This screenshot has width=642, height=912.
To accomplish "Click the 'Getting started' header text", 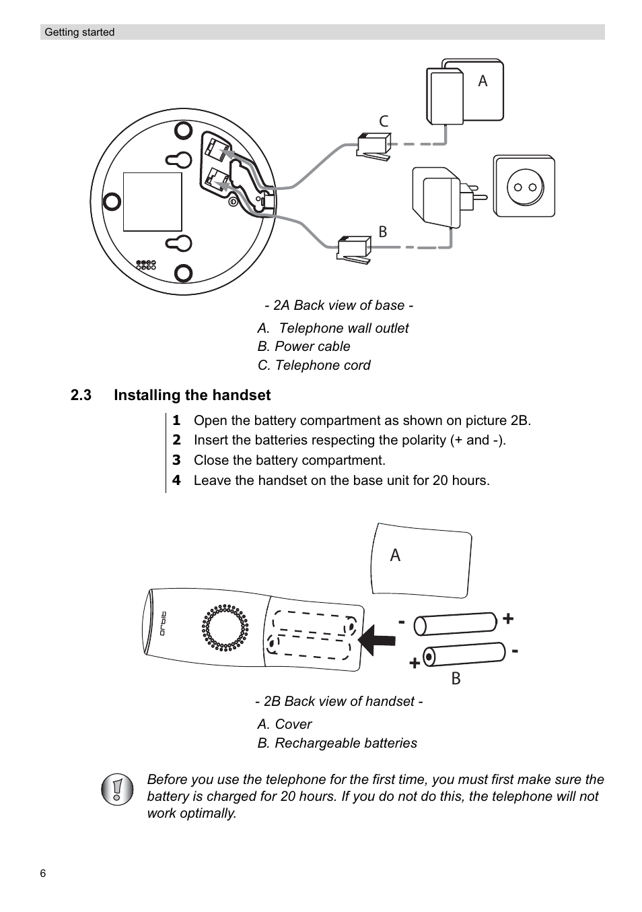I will point(79,32).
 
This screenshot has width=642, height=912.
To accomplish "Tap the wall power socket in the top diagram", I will point(524,187).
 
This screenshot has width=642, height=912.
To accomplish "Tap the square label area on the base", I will point(153,202).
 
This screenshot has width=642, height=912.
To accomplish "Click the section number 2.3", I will point(81,395).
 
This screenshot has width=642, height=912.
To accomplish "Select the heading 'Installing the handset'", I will point(192,395).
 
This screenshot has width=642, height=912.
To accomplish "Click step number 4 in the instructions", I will point(176,480).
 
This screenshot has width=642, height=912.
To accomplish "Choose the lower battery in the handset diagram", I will point(464,655).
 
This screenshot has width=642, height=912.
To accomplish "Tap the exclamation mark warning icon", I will point(118,788).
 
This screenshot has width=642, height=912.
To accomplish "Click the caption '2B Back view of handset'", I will point(338,702).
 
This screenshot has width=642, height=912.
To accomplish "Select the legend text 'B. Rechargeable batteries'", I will point(337,743).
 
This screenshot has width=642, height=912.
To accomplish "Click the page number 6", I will point(43,874).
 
